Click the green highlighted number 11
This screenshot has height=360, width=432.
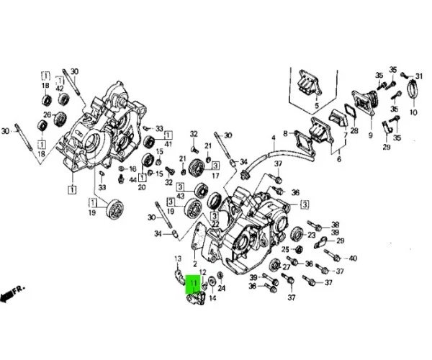(194, 283)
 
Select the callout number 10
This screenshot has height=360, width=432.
(413, 112)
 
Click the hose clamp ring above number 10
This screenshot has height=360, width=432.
(412, 89)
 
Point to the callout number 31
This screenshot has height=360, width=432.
(418, 76)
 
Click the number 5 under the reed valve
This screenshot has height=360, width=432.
(316, 106)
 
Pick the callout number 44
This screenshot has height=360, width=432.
(132, 180)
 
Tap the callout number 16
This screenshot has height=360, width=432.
(132, 169)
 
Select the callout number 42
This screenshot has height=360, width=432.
(60, 89)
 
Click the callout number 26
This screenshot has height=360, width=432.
(48, 114)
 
